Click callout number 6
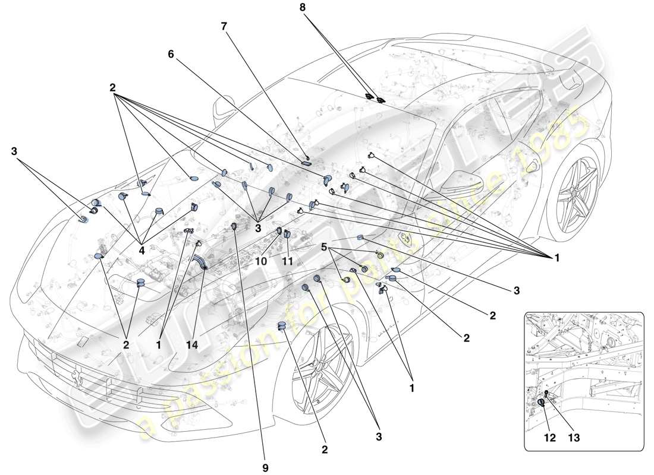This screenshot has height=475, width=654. coord(171,53)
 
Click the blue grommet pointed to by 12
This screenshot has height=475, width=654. coord(542,403)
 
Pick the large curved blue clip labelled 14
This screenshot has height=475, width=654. coord(199,262)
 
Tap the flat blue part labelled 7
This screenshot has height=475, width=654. coord(307,161)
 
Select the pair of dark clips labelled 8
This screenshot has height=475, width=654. coord(375,97)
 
